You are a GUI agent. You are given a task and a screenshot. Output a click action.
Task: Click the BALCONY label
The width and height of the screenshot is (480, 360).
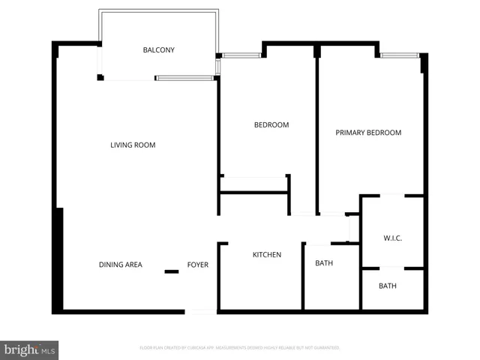158,50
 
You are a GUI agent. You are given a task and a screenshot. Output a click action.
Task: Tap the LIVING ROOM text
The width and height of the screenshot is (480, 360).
133,145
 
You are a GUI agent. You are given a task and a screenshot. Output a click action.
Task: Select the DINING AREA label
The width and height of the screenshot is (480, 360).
120,265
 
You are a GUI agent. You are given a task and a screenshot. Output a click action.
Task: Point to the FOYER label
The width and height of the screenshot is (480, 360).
198,265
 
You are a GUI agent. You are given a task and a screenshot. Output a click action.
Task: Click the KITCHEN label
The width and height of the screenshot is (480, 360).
266,255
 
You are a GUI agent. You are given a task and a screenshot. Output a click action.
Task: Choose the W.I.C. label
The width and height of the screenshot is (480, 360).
392,238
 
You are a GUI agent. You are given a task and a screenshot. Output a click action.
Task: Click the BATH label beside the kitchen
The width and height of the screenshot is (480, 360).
324,263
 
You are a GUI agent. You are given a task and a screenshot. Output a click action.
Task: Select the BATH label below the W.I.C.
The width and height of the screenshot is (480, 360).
387,286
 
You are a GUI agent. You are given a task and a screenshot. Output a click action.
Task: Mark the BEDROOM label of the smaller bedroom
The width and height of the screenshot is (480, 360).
271,124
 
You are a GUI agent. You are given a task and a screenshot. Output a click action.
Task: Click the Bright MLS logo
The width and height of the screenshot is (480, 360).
29,349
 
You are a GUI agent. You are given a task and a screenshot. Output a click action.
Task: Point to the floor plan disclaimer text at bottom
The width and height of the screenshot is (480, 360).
240,348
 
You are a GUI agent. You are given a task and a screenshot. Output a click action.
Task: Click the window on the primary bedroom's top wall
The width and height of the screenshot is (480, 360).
399,55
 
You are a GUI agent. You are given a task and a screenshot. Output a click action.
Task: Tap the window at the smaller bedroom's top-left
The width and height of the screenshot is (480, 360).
240,55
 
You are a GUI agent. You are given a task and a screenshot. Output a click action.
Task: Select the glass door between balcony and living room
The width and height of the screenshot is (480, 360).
186,77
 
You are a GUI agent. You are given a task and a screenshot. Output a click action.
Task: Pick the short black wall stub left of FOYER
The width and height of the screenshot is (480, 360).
172,271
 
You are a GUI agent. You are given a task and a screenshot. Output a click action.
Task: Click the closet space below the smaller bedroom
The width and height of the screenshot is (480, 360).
254,185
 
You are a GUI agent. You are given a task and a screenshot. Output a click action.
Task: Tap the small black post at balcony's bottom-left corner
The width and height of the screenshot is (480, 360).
100,76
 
